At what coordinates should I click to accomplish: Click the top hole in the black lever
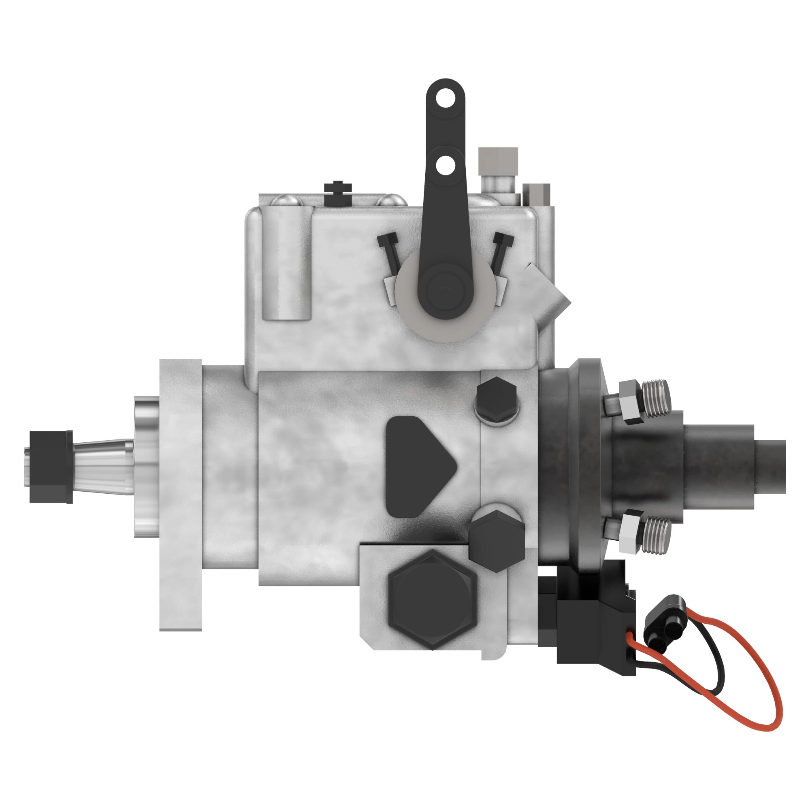tap(445, 99)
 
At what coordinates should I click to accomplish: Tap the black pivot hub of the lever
tap(443, 289)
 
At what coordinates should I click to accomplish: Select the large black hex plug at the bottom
tap(432, 600)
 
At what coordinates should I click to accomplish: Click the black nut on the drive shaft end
tap(50, 467)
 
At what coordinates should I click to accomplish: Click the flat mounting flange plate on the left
tap(180, 495)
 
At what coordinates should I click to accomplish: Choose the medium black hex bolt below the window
tap(497, 540)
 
